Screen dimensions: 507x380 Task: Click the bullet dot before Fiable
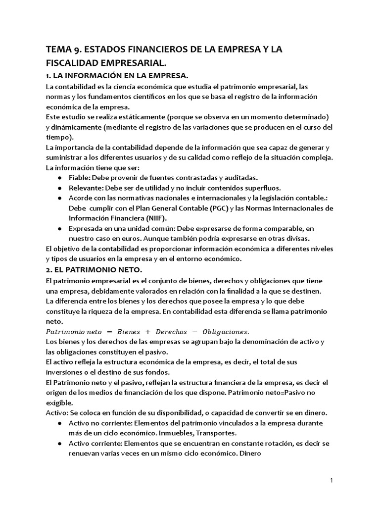tap(60, 178)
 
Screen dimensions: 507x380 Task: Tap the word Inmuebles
tap(172, 432)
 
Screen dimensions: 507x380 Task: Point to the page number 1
tap(332, 480)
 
